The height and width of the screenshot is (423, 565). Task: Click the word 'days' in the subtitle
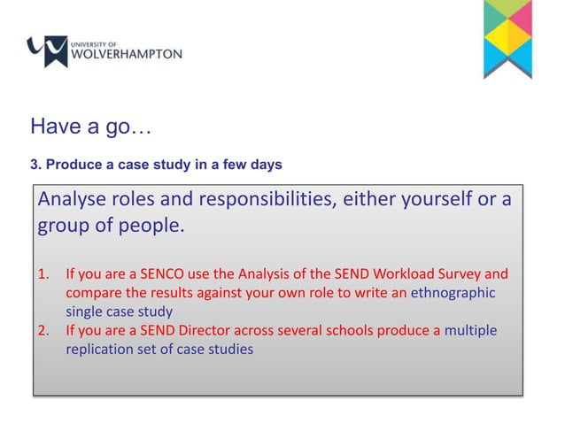click(x=265, y=165)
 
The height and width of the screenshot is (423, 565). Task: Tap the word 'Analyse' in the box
click(x=73, y=199)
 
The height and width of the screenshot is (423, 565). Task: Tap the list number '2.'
click(x=43, y=331)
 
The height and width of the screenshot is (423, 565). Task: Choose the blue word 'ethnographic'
click(x=452, y=292)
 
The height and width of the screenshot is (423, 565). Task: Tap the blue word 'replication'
click(x=102, y=350)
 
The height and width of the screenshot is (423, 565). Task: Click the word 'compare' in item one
click(x=94, y=292)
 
